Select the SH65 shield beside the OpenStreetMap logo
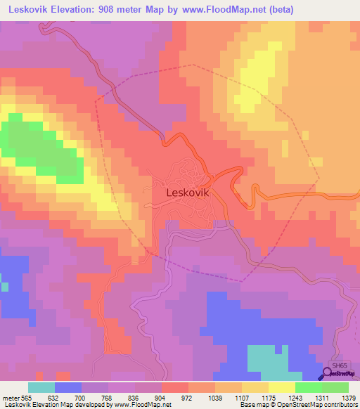340,365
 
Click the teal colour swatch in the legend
41,387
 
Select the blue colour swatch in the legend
67,387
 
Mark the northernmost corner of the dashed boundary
188,65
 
